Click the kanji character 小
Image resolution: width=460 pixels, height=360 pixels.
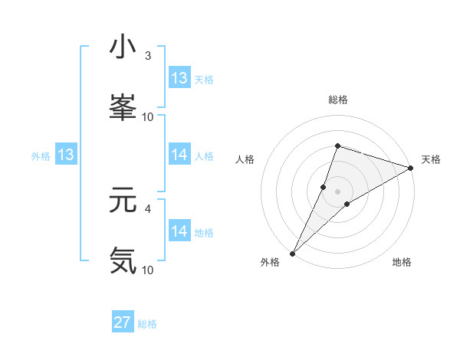pos(123,47)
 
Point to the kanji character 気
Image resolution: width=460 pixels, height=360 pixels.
pos(123,260)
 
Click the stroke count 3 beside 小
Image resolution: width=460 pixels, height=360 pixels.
pos(148,55)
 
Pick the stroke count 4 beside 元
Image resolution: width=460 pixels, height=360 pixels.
pos(148,208)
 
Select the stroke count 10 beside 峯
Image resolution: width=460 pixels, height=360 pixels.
pos(148,116)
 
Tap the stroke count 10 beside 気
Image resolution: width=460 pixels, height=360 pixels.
pos(148,270)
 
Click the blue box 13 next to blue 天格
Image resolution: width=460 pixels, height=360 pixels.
pos(179,78)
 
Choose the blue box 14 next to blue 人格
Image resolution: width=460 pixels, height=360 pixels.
pos(179,155)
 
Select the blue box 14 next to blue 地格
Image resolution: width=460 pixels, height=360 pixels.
pos(179,231)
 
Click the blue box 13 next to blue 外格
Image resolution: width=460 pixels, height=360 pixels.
pos(66,155)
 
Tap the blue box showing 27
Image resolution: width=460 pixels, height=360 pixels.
pos(123,322)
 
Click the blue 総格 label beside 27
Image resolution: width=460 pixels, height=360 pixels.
pos(147,324)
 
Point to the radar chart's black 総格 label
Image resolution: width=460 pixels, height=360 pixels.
pos(337,100)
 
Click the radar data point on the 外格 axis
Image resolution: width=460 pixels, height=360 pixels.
pos(292,254)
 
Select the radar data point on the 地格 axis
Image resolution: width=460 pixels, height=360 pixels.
pos(347,204)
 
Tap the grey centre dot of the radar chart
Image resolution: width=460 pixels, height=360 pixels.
pos(337,191)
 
